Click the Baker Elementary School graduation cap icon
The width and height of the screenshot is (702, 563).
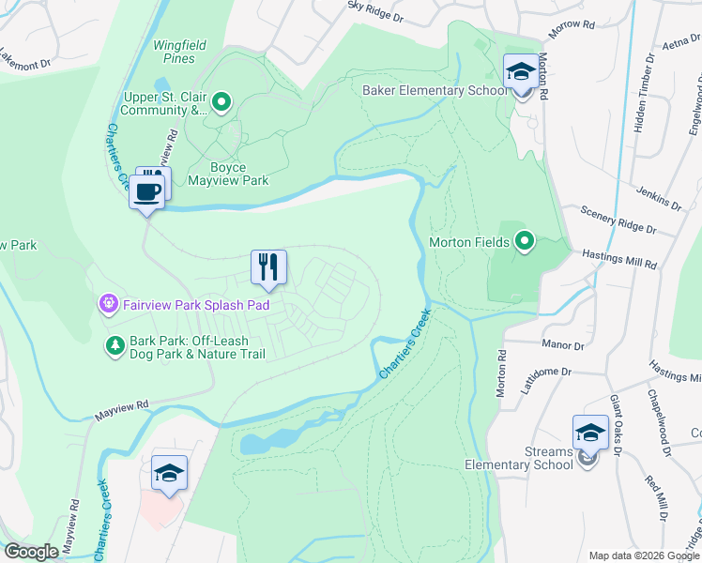[520, 72]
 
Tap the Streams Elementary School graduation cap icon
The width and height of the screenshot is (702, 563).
[590, 432]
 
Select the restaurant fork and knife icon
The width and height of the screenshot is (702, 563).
[268, 267]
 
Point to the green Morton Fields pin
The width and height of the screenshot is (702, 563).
[525, 242]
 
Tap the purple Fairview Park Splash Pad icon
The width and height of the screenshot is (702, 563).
[108, 303]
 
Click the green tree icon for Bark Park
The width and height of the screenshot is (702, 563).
[114, 346]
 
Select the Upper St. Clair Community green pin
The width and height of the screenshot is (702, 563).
[221, 101]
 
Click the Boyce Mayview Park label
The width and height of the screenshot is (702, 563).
[227, 174]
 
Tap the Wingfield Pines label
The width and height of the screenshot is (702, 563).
[175, 52]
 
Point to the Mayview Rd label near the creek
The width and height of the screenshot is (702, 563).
[122, 407]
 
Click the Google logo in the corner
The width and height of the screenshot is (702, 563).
[32, 552]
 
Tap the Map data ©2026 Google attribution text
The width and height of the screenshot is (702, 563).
[642, 555]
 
